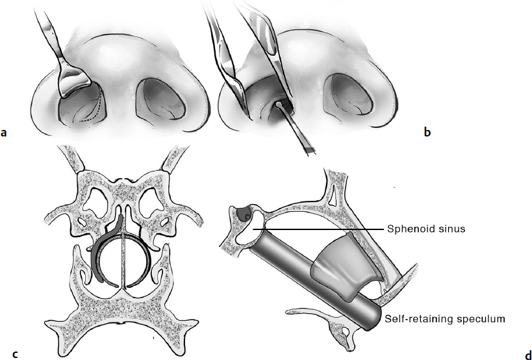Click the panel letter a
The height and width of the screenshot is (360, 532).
tap(4, 133)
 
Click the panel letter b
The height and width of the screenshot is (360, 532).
tap(427, 132)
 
